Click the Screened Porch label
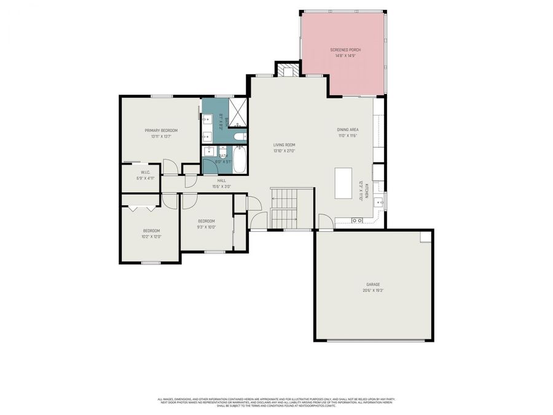click(345, 49)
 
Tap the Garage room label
click(371, 284)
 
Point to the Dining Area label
click(347, 130)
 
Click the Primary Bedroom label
click(161, 130)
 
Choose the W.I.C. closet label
click(146, 172)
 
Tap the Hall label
click(221, 180)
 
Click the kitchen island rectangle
click(343, 183)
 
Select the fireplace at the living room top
click(286, 70)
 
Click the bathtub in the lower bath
click(240, 160)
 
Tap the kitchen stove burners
click(356, 220)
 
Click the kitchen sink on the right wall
click(381, 201)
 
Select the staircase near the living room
click(284, 208)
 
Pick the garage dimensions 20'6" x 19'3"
click(371, 290)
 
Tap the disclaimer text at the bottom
click(276, 401)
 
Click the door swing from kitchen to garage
click(326, 223)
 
